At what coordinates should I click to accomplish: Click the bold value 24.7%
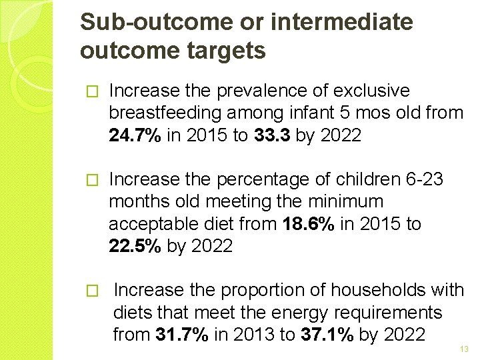point(135,136)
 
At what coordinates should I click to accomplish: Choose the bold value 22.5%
point(135,246)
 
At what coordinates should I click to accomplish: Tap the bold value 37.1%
point(326,334)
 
